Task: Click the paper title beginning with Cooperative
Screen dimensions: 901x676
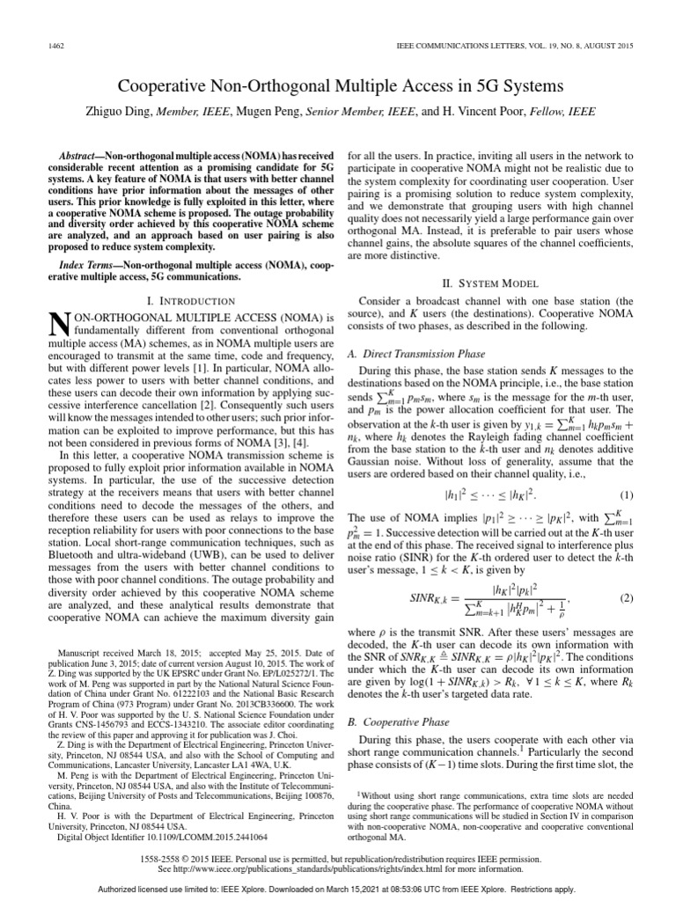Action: [338, 86]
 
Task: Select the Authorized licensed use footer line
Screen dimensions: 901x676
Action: [338, 890]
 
